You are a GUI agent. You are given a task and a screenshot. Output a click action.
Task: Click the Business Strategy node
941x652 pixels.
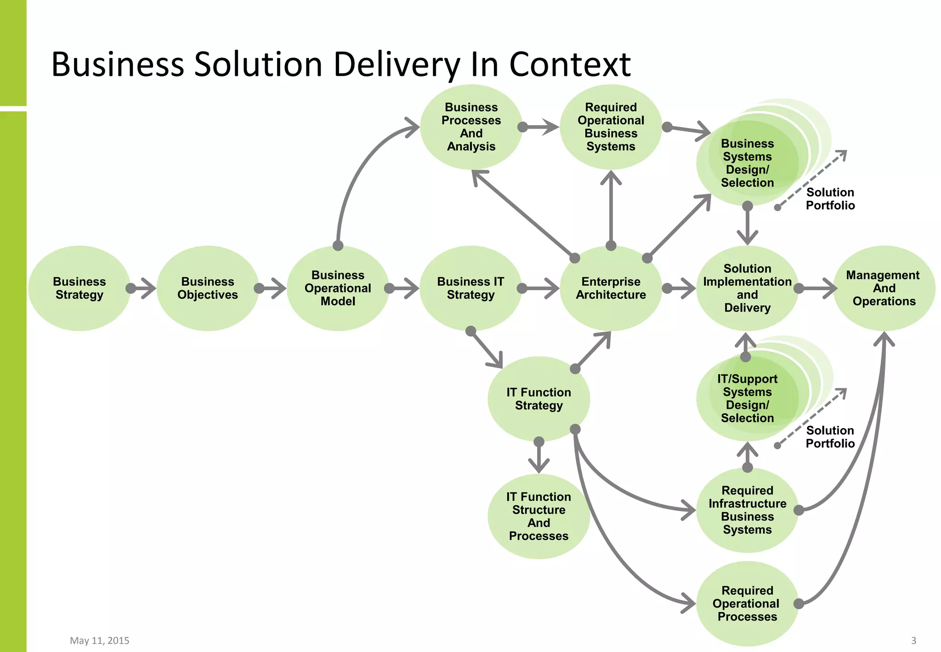tap(79, 288)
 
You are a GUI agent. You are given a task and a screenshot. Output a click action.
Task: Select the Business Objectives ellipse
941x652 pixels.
tap(207, 288)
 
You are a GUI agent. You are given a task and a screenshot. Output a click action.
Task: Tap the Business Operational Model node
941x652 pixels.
tap(338, 288)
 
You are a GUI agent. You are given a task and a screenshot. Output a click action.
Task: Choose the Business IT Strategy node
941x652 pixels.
tap(470, 288)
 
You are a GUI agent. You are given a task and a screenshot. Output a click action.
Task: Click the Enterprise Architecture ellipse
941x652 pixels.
tap(611, 288)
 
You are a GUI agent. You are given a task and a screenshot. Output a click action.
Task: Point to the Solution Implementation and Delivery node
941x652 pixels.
tap(747, 288)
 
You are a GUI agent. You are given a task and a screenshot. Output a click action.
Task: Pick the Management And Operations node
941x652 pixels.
tap(884, 288)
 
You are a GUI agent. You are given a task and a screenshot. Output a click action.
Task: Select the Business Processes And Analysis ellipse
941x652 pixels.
tap(471, 127)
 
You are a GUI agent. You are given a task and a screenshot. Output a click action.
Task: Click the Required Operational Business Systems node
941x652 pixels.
tap(611, 127)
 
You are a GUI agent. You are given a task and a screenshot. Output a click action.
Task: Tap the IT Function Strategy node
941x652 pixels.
tap(539, 399)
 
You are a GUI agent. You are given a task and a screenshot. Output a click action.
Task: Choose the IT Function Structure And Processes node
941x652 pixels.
tap(539, 516)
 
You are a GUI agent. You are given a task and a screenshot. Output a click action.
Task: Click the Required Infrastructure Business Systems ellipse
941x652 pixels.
tap(747, 510)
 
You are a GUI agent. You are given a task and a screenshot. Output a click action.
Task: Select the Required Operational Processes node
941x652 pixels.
tap(747, 603)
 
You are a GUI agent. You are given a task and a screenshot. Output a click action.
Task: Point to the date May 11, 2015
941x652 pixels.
tap(99, 641)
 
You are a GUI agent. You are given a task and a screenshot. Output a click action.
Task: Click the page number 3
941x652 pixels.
tap(913, 641)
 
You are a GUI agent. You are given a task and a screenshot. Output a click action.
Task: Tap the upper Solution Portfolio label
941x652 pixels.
tap(830, 199)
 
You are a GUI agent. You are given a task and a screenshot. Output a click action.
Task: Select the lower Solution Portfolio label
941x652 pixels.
tap(830, 437)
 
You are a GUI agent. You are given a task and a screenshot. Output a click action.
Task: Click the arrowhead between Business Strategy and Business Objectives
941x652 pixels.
tap(148, 288)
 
